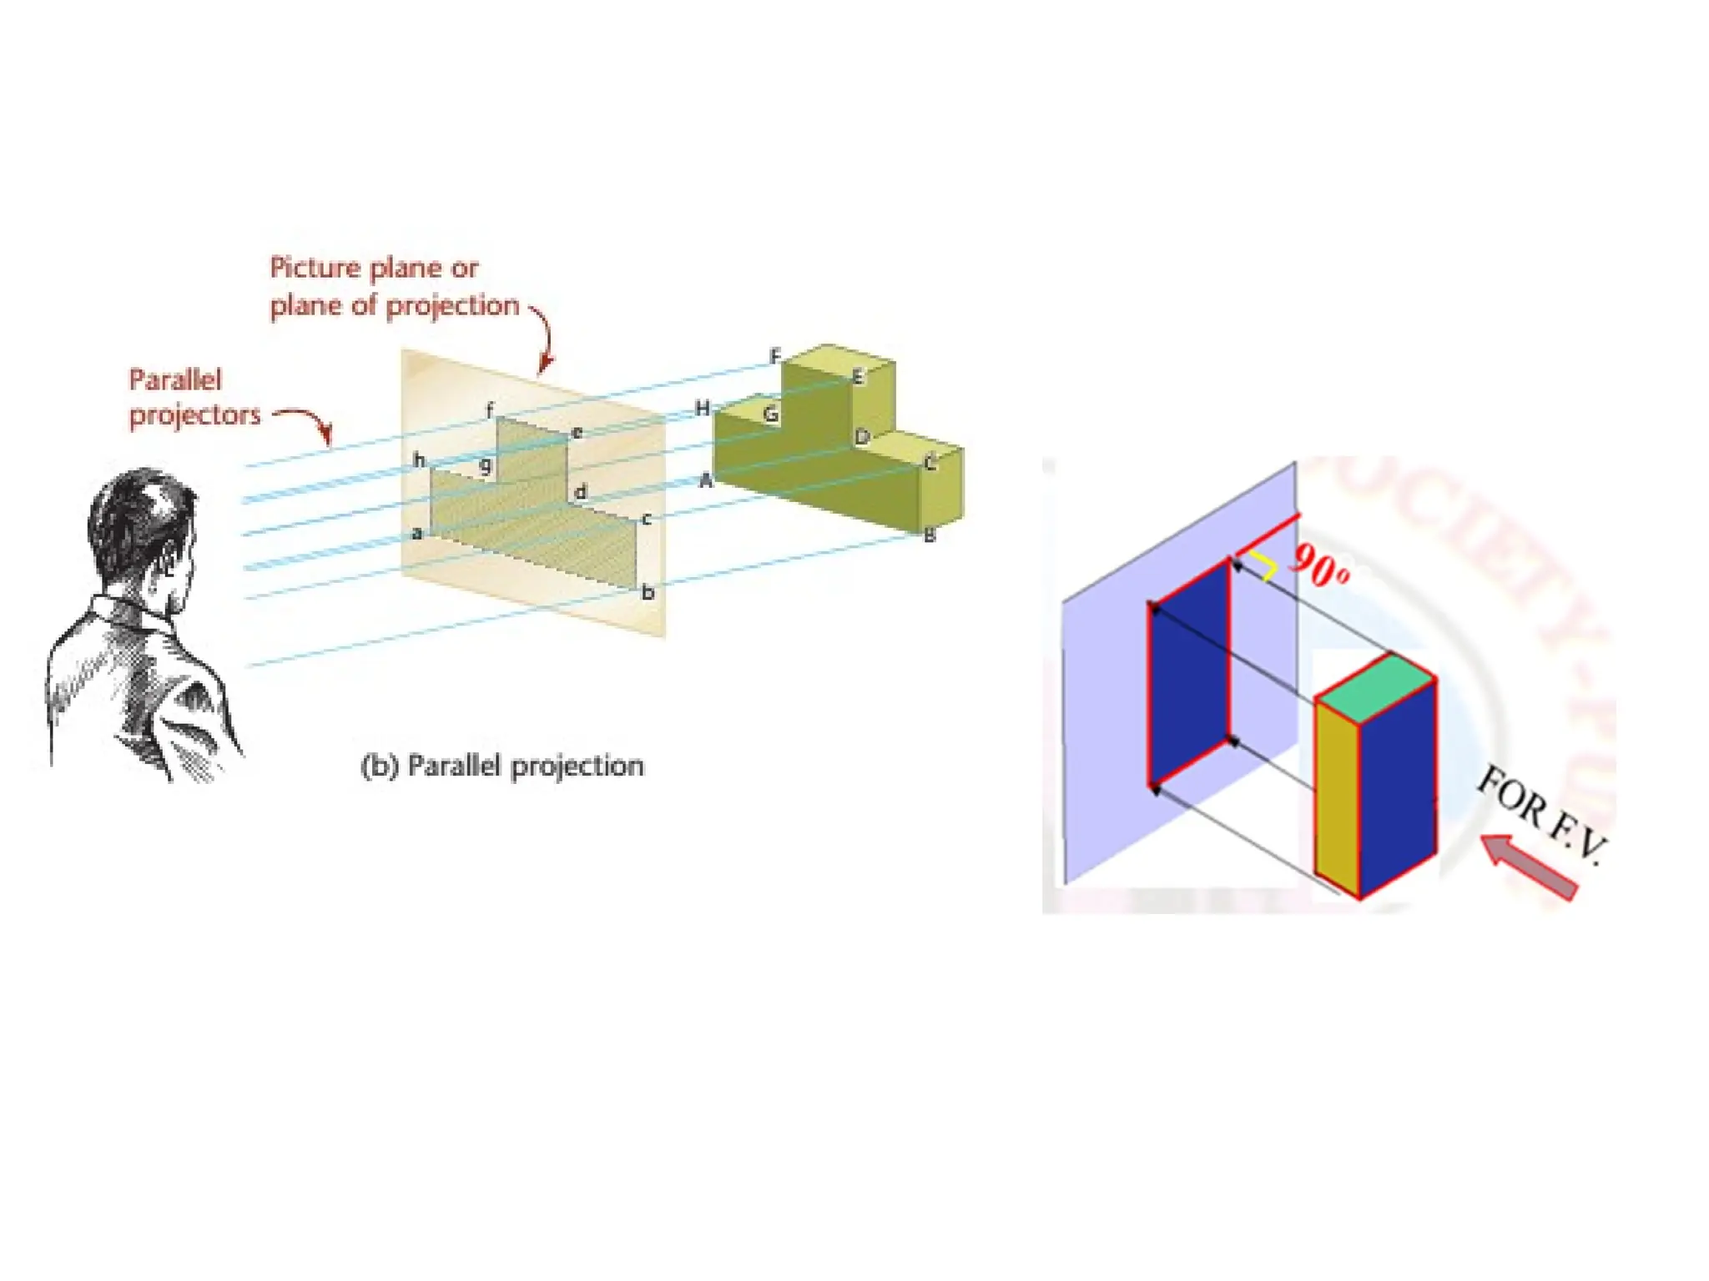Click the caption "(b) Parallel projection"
(502, 766)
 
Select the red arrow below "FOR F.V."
(1529, 867)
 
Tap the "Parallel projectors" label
(194, 398)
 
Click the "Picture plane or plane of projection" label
(393, 286)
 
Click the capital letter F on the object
(775, 357)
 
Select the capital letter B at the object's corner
(930, 536)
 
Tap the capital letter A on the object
(706, 480)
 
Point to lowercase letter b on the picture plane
(648, 593)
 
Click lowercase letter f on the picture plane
(490, 409)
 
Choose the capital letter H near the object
(703, 408)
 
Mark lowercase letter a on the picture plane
(417, 533)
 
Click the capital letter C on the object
(930, 463)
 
